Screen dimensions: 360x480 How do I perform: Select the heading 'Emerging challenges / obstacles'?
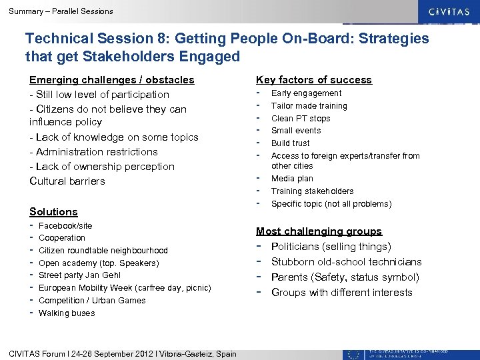tap(112, 80)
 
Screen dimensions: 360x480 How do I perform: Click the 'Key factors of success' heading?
tap(314, 80)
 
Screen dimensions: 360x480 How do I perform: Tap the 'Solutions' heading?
tap(53, 212)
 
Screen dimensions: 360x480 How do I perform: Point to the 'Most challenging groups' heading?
tap(319, 231)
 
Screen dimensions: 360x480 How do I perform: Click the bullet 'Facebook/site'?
tap(65, 226)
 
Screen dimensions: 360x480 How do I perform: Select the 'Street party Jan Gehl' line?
tap(81, 275)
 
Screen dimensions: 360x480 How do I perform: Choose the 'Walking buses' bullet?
tap(67, 313)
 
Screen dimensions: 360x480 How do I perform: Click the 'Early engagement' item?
tap(306, 93)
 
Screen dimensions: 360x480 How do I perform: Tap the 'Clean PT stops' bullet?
tap(301, 119)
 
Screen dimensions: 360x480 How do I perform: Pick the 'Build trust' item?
tap(291, 143)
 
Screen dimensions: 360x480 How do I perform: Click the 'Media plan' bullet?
tap(292, 179)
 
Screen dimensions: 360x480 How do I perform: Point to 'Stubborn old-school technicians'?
tap(346, 262)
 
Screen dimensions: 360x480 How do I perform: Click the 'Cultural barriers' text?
tap(67, 181)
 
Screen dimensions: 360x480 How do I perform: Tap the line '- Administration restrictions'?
tap(93, 152)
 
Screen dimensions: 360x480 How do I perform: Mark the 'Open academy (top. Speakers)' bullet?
tap(99, 263)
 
